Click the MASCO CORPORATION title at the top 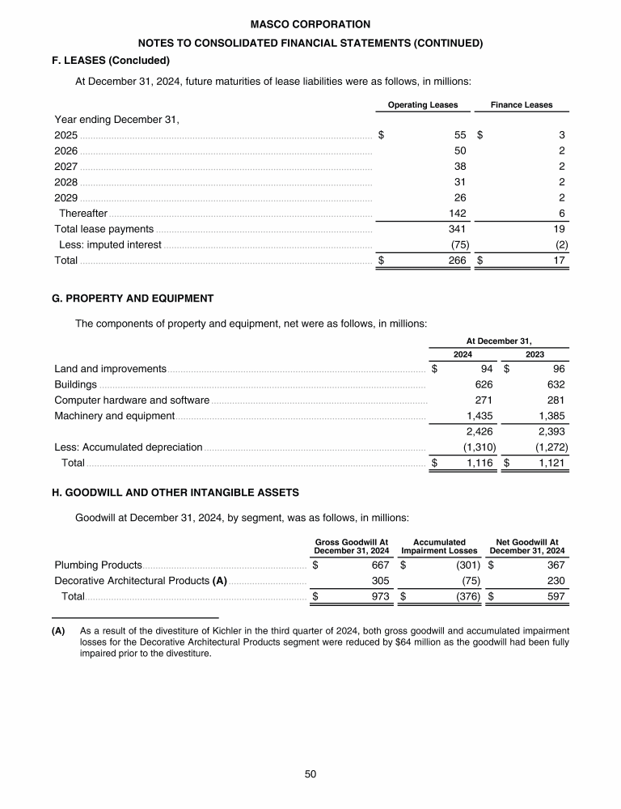pyautogui.click(x=310, y=25)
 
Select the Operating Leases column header pyautogui.click(x=423, y=105)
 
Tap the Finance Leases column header pyautogui.click(x=522, y=105)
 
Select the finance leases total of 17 pyautogui.click(x=558, y=260)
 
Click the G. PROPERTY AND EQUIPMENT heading pyautogui.click(x=133, y=299)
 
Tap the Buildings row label pyautogui.click(x=75, y=384)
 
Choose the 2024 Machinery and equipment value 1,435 pyautogui.click(x=480, y=416)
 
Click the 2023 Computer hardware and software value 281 pyautogui.click(x=555, y=400)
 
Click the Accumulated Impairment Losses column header pyautogui.click(x=439, y=546)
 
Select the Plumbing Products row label pyautogui.click(x=98, y=565)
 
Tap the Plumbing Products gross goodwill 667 pyautogui.click(x=381, y=565)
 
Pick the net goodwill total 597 pyautogui.click(x=554, y=596)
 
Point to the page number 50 pyautogui.click(x=310, y=774)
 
